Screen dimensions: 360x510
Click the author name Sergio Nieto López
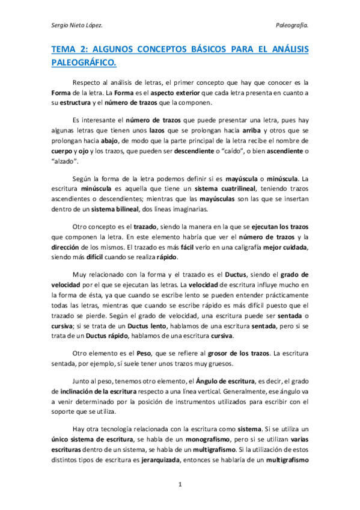coord(77,26)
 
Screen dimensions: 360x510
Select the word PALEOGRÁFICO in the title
coord(84,63)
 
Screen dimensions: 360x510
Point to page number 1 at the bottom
coord(180,482)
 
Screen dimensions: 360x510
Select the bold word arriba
coord(251,131)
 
